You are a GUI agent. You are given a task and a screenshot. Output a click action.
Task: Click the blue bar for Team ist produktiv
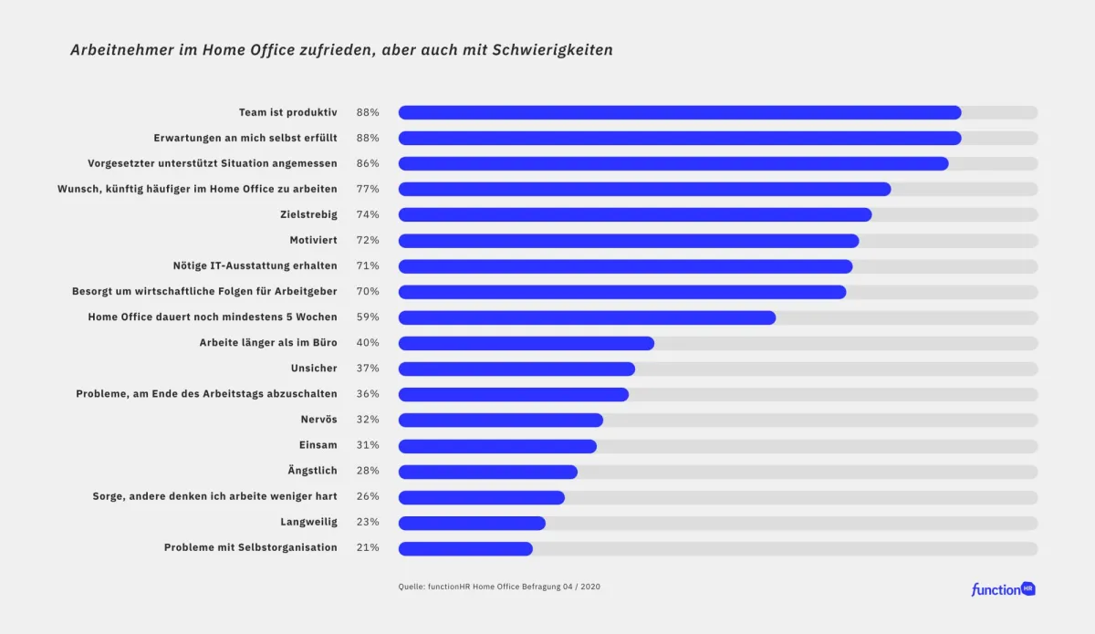coord(680,112)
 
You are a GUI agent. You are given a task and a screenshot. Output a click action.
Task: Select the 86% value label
coord(368,163)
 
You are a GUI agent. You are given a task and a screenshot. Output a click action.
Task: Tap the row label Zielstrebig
coord(308,214)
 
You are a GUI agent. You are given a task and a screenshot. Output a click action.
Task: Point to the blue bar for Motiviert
coord(629,241)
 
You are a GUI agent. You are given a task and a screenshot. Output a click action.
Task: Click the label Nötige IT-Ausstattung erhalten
coord(255,265)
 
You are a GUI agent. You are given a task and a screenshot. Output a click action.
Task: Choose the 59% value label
coord(368,317)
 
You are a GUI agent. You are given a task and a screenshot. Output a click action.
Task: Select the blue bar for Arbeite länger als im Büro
coord(527,343)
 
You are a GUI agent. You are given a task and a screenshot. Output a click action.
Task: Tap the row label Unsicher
coord(314,369)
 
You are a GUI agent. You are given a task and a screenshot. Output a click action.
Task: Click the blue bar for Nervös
coord(501,420)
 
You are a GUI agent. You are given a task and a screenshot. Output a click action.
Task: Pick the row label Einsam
coord(318,445)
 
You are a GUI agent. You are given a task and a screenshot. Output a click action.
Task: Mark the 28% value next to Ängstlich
coord(368,471)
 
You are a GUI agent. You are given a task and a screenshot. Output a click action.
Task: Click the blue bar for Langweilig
coord(472,523)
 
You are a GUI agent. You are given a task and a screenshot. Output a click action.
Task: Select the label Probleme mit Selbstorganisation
coord(250,547)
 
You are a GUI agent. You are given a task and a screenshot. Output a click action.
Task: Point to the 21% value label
coord(368,548)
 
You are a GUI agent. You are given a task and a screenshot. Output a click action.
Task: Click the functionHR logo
coord(1003,589)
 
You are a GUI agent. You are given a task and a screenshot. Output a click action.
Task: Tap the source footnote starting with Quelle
coord(499,587)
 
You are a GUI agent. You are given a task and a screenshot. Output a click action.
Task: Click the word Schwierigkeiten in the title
coord(552,50)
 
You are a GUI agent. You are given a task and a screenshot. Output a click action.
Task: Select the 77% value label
coord(368,189)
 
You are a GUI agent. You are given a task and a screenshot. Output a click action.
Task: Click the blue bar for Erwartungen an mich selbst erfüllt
coord(680,138)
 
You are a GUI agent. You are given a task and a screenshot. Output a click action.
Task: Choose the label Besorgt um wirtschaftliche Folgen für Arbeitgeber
coord(204,291)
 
